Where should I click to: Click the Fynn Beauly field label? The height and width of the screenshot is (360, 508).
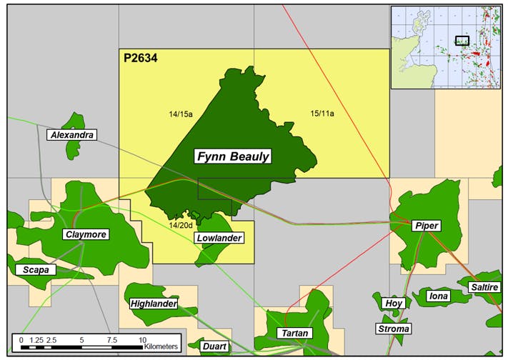[x=233, y=156]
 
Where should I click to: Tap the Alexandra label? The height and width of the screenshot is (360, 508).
[x=71, y=134]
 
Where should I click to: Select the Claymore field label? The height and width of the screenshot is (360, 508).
[x=85, y=234]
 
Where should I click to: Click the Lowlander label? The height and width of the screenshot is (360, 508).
[x=219, y=238]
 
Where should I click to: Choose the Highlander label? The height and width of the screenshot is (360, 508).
[x=154, y=304]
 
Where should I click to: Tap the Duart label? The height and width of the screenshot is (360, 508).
[x=214, y=346]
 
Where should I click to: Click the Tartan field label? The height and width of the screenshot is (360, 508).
[x=295, y=334]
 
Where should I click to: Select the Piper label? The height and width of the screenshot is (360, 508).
[x=427, y=226]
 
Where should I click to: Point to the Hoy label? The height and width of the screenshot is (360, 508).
[x=394, y=303]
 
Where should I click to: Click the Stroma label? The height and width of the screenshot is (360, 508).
[x=394, y=329]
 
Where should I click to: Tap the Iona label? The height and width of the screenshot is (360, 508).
[x=437, y=295]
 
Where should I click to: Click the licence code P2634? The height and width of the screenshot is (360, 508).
[x=139, y=59]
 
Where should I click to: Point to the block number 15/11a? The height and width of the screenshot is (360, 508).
[x=322, y=113]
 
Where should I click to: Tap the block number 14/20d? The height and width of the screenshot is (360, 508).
[x=181, y=225]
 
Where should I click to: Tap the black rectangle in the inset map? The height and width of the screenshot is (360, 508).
[x=462, y=41]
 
